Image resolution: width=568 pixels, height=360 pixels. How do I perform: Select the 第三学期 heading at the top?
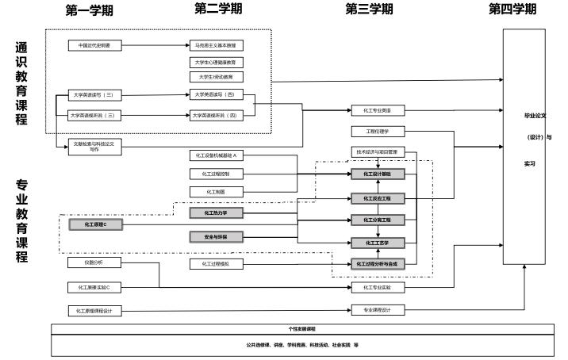point(369,9)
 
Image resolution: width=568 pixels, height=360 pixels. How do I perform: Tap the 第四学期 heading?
point(512,9)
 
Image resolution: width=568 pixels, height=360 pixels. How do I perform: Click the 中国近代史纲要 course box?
point(95,46)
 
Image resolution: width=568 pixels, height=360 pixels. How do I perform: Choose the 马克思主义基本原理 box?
point(216,46)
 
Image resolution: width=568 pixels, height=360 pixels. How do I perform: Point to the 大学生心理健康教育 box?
point(216,62)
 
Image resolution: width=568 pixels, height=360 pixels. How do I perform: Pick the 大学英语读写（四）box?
point(216,94)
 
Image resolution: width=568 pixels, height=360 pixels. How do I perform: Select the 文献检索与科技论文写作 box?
point(95,146)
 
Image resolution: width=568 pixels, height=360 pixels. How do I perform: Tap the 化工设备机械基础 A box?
point(216,155)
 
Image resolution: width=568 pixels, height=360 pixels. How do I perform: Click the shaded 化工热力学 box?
point(216,213)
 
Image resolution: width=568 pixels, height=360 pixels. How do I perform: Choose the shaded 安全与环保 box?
point(216,236)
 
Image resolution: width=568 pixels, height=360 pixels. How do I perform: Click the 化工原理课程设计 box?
point(95,310)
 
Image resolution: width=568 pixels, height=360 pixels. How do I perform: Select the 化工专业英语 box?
point(378,111)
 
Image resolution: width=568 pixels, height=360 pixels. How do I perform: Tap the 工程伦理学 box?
point(378,131)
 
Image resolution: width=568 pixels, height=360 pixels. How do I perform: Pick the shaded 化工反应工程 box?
point(378,198)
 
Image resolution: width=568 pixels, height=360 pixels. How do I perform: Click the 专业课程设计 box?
point(378,310)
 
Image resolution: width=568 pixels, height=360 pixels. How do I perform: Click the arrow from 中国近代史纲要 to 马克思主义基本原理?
point(155,46)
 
